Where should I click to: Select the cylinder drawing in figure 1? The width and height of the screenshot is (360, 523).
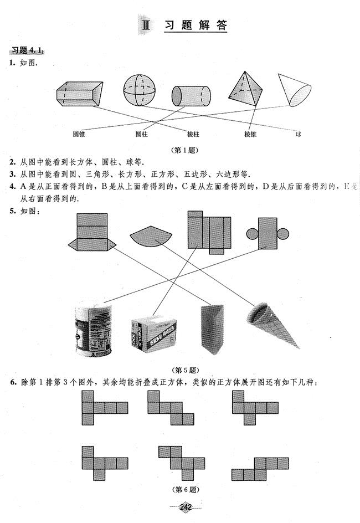[x=191, y=96]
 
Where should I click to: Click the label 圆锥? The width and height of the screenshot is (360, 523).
[x=78, y=134]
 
